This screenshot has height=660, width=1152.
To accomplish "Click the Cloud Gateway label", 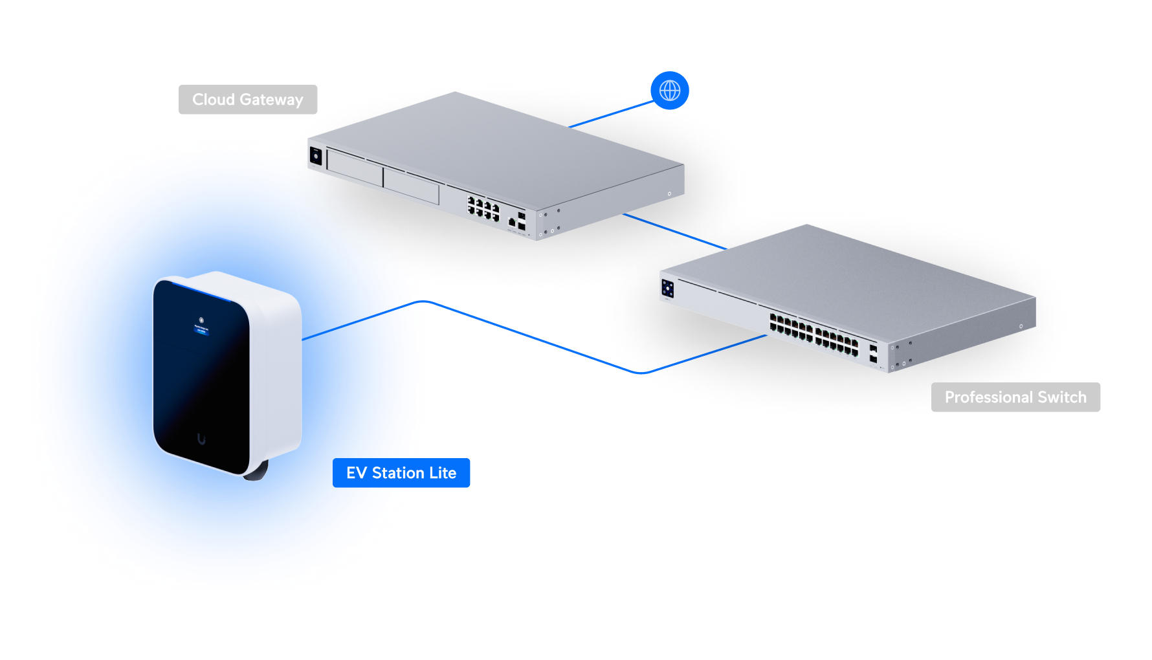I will (248, 100).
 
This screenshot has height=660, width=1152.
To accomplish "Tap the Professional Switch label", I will (1015, 397).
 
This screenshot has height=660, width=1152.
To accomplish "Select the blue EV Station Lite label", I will (401, 473).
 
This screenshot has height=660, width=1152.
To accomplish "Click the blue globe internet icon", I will (670, 91).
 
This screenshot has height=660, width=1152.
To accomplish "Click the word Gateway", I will (271, 100).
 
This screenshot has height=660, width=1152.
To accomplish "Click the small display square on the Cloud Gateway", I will (316, 156).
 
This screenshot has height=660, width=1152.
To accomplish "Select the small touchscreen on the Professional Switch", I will (668, 289).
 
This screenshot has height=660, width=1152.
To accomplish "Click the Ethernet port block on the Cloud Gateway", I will (483, 208).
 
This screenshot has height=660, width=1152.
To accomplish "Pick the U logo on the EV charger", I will (201, 439).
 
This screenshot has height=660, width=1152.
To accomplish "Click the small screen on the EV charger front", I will (201, 328).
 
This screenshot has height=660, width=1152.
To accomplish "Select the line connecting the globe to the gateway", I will (612, 113).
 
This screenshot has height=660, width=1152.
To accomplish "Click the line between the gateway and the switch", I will (673, 231).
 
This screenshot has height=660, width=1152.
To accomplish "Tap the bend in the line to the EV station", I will (641, 373).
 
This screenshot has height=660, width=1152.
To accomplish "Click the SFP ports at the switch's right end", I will (873, 353).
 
